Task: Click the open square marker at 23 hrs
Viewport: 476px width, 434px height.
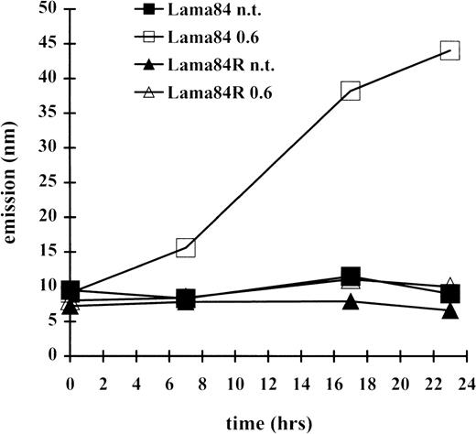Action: [x=449, y=50]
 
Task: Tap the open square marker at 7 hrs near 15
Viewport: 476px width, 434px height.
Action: [x=186, y=247]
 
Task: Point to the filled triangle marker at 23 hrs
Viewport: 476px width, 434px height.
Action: [x=449, y=310]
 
